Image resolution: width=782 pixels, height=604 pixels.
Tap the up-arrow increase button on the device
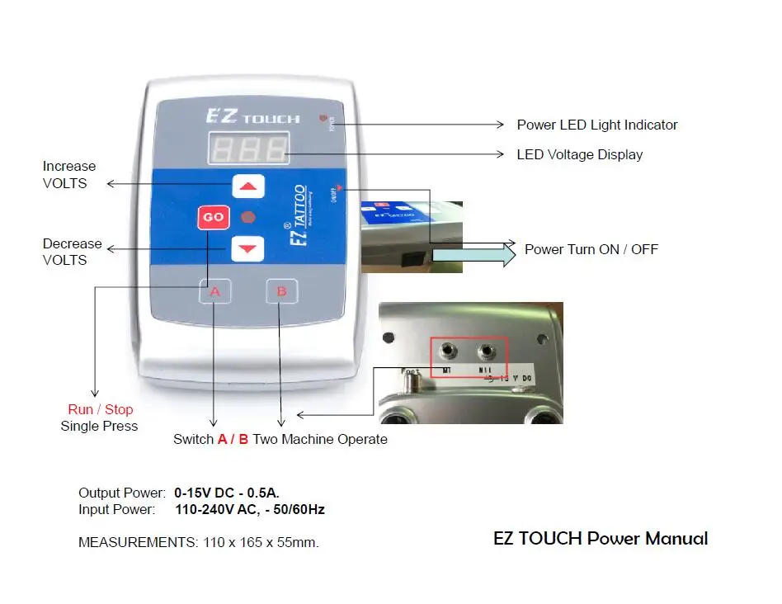point(248,187)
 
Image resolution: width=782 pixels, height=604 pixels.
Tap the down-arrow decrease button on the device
point(247,248)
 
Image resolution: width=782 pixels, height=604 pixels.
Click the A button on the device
point(215,291)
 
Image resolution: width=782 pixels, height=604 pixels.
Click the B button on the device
point(281,291)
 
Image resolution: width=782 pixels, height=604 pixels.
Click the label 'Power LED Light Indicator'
point(596,125)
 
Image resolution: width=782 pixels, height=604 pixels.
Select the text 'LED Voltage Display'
point(579,154)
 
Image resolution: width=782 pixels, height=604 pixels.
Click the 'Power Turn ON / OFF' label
point(591,249)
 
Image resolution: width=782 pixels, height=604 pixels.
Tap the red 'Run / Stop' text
point(100,409)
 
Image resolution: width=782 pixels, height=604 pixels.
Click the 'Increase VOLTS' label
point(69,174)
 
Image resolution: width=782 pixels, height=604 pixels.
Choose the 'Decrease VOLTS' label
point(72,252)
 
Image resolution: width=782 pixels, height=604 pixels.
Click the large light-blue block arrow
point(473,255)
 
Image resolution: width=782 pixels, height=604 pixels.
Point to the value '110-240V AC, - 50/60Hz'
point(250,509)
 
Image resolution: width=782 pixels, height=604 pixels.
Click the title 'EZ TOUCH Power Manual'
point(601,539)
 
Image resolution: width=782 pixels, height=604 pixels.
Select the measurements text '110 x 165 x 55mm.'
point(261,542)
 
